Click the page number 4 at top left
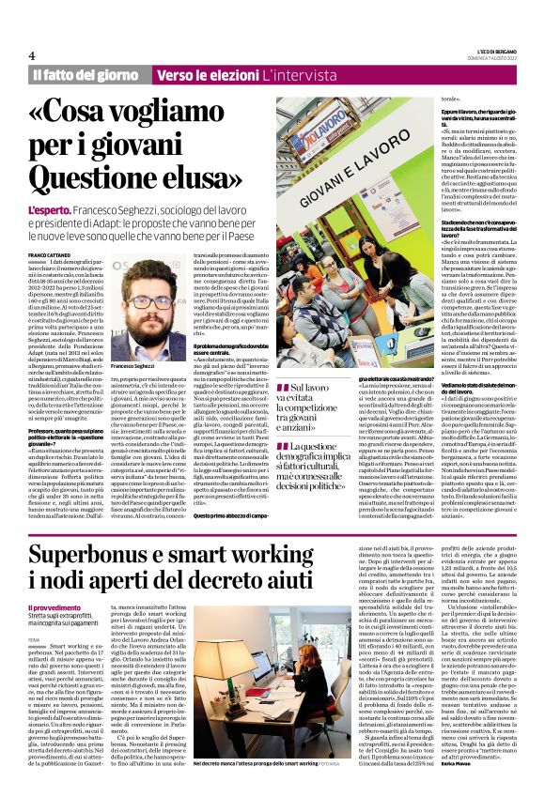32,54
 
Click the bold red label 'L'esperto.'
51,210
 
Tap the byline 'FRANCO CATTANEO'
49,255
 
